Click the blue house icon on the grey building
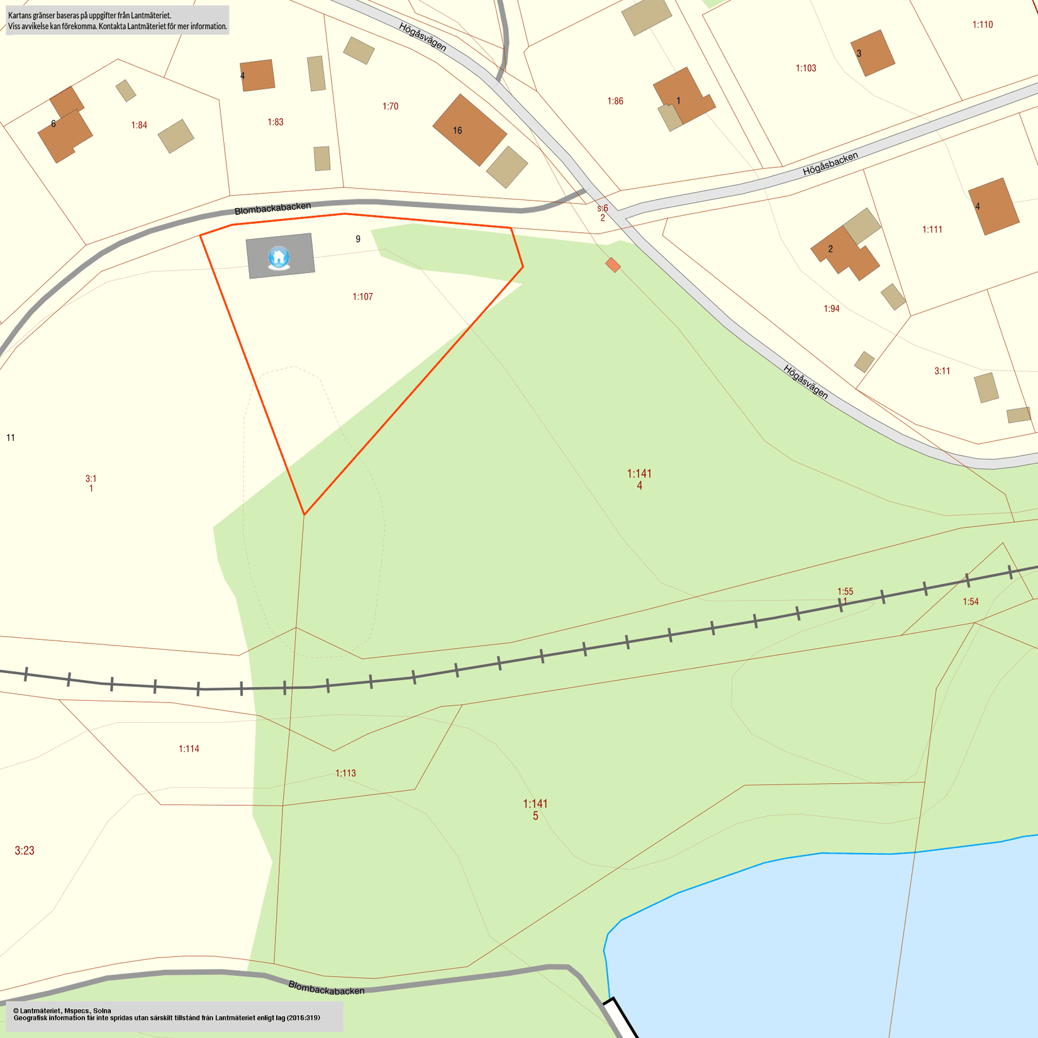click(279, 257)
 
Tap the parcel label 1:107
click(362, 297)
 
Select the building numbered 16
click(469, 130)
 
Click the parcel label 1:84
click(139, 125)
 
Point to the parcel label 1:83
click(276, 122)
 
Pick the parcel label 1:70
click(390, 106)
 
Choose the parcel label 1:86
click(615, 101)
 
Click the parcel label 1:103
click(806, 68)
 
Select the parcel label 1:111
click(932, 230)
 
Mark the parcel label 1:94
click(832, 309)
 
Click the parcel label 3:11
click(942, 371)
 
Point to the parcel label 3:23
click(25, 851)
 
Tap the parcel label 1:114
click(189, 749)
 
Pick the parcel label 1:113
click(345, 773)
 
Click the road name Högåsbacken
click(830, 164)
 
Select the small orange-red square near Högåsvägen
click(613, 265)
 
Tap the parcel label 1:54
click(971, 602)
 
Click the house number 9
click(358, 239)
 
